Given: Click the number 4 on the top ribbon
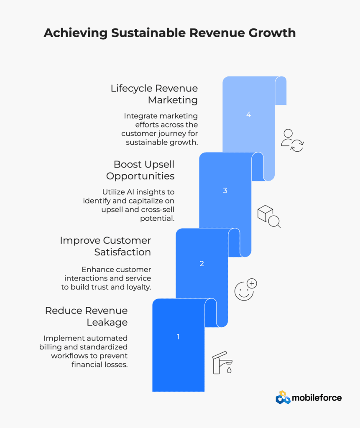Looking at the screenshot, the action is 248,115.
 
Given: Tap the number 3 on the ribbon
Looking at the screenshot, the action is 225,191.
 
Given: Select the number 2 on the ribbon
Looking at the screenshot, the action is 202,264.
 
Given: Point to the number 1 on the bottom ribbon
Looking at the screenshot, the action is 179,337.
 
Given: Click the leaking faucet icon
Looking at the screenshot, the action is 222,363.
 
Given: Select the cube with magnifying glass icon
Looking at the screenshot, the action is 269,217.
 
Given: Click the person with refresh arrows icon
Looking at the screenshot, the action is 292,140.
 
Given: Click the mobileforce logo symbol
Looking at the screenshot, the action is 283,398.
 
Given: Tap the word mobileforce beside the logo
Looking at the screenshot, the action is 317,398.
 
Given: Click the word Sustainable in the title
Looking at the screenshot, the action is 148,33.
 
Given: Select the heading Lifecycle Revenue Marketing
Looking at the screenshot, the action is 154,94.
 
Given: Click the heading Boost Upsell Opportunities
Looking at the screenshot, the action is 140,171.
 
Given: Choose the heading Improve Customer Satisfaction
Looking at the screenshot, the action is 105,246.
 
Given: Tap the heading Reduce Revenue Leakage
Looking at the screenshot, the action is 86,316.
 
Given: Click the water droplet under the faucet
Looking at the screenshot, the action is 229,370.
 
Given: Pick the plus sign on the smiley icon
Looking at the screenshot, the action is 252,283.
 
